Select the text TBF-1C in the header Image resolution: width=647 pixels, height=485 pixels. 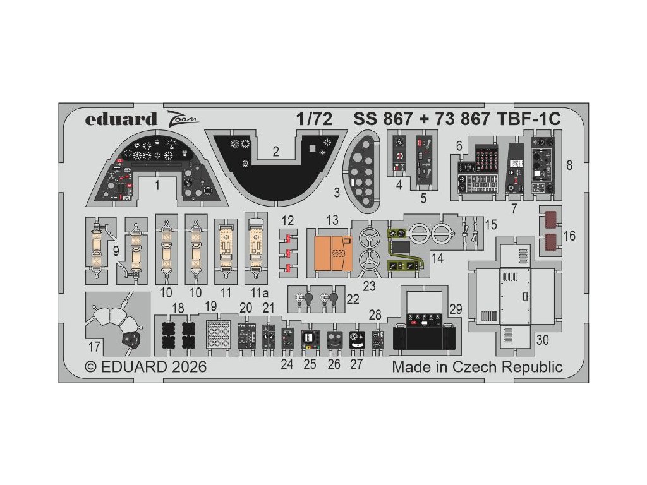pos(527,119)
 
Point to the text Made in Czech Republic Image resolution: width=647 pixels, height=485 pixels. pos(477,368)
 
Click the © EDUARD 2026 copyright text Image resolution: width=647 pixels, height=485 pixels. pos(145,368)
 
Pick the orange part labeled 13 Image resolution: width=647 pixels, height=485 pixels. pos(332,252)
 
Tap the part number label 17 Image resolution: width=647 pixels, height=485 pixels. pos(93,347)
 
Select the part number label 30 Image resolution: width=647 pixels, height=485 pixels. pos(542,339)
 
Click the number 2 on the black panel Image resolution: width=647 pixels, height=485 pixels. pos(275,151)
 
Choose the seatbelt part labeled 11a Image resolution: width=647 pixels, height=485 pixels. pos(257,246)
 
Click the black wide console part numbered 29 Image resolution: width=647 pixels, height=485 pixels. pos(424,333)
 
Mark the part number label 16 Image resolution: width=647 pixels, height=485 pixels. pos(570,236)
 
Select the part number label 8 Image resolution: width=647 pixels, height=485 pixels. pos(570,165)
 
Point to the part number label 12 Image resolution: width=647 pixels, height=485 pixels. pos(288,220)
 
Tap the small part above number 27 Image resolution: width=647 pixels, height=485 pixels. pos(358,340)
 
